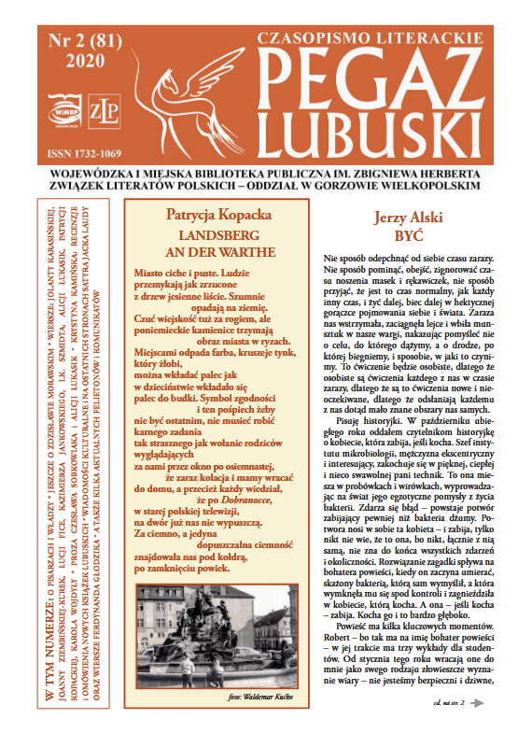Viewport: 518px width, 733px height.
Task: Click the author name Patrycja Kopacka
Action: [215, 212]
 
